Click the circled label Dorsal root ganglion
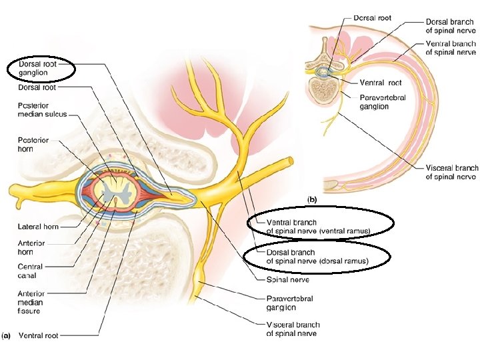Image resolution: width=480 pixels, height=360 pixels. click(39, 68)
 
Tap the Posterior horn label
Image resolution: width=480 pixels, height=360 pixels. click(33, 145)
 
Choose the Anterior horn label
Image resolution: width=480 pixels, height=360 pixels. click(32, 248)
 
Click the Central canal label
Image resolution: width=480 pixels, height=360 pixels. click(31, 271)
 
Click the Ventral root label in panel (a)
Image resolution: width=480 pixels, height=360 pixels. click(38, 335)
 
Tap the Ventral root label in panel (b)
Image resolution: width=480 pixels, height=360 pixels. click(381, 83)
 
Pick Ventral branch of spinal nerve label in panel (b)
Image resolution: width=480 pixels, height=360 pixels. click(451, 47)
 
